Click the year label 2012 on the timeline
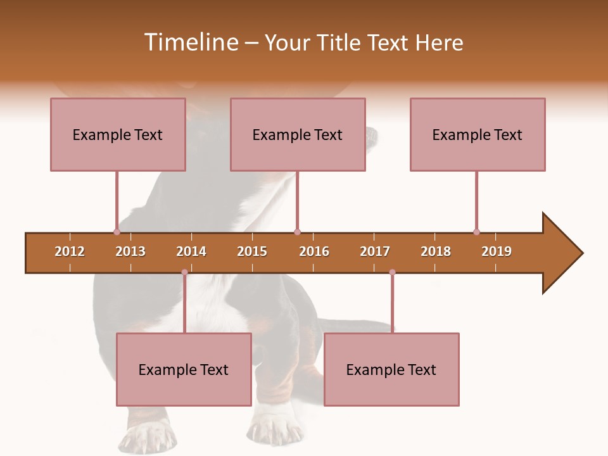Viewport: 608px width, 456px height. [70, 251]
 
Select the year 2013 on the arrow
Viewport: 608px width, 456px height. [130, 251]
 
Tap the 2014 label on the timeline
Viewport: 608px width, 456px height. [191, 251]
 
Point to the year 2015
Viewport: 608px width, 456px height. [252, 251]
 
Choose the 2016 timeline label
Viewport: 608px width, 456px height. [314, 251]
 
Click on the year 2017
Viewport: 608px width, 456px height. [375, 251]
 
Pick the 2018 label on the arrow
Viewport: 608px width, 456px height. [436, 251]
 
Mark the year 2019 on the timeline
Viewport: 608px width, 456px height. [497, 251]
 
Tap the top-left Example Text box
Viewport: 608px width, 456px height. [118, 135]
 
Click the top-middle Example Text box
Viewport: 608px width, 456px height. [298, 135]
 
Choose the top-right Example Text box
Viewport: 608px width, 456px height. [478, 135]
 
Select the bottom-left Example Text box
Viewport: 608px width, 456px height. [184, 370]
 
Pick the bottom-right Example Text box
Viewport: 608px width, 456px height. [391, 370]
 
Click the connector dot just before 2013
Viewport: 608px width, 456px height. [117, 232]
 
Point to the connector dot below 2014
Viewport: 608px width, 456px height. [184, 272]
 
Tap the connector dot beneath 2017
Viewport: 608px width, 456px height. [392, 272]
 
